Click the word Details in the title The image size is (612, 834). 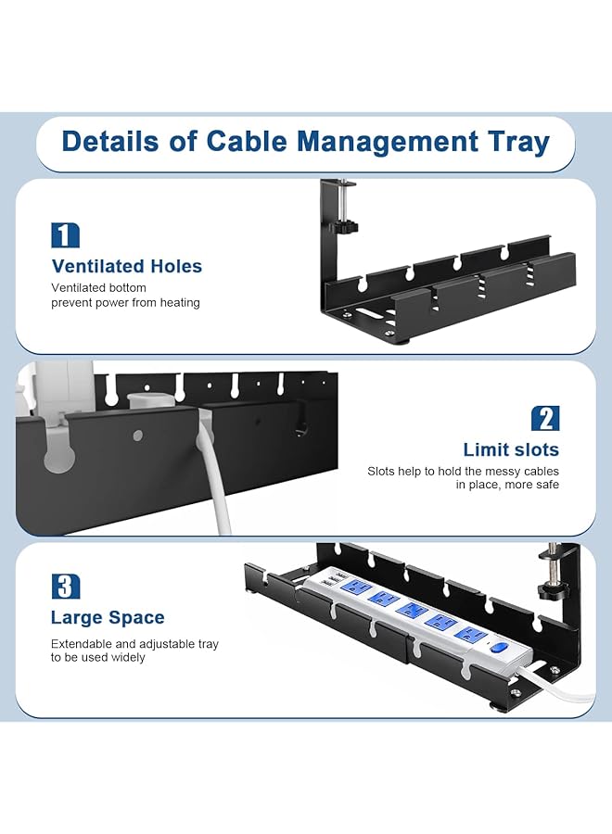click(110, 142)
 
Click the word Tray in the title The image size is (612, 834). click(519, 143)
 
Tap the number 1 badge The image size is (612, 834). click(66, 235)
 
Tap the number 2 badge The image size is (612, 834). click(545, 419)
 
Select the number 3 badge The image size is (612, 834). click(66, 587)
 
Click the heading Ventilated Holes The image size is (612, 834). click(127, 266)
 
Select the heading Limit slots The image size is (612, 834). click(511, 449)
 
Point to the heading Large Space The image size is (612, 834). click(108, 617)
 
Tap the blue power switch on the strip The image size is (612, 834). click(499, 648)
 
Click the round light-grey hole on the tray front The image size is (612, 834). click(138, 436)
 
